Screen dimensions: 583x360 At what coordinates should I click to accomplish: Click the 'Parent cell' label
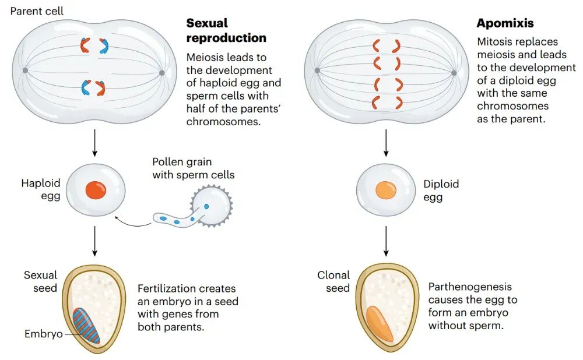tap(37, 11)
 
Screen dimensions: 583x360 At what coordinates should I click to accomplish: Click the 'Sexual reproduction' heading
tap(226, 30)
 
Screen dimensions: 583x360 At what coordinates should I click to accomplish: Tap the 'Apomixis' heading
tap(505, 23)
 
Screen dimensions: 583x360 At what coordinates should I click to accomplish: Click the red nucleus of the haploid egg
tap(96, 190)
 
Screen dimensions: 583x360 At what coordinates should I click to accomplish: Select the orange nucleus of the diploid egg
tap(386, 190)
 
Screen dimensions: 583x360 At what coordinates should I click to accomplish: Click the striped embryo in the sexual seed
tap(86, 326)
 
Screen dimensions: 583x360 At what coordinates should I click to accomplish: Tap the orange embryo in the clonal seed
tap(380, 323)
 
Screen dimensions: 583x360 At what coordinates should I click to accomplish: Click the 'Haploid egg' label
tap(41, 189)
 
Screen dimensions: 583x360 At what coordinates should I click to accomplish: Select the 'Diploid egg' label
tap(441, 190)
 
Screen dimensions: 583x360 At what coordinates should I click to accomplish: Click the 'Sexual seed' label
tap(41, 281)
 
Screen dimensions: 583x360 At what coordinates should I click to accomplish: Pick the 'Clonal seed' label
tap(333, 281)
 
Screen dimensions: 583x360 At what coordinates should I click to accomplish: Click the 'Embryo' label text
tap(44, 334)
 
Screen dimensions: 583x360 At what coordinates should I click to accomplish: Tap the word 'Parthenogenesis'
tap(470, 287)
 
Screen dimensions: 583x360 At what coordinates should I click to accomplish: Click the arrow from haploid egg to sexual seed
tap(95, 241)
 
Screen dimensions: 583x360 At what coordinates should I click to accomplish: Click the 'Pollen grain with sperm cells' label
tap(194, 168)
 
